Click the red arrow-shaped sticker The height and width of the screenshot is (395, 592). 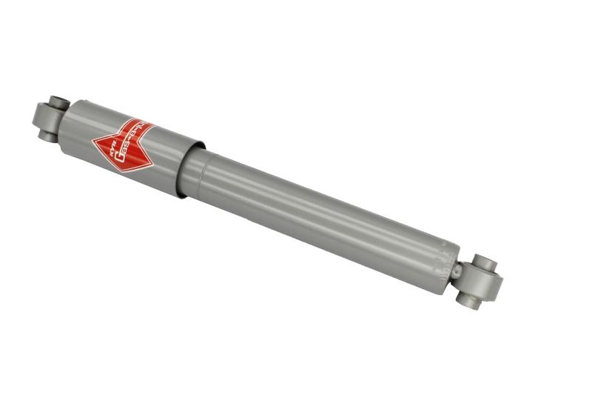pos(123,142)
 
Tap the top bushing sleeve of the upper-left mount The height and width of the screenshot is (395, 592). pos(59,102)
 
